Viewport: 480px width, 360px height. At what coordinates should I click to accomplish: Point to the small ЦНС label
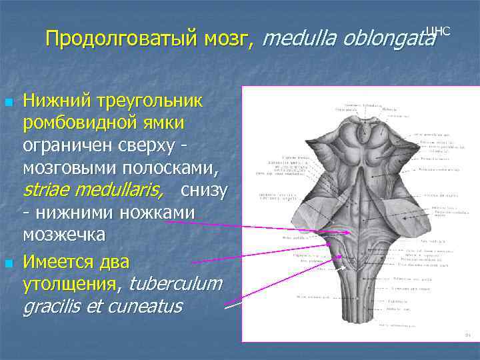coord(437,31)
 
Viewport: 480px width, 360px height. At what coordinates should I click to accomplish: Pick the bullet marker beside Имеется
coord(9,264)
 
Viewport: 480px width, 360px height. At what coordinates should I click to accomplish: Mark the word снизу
coord(204,190)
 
